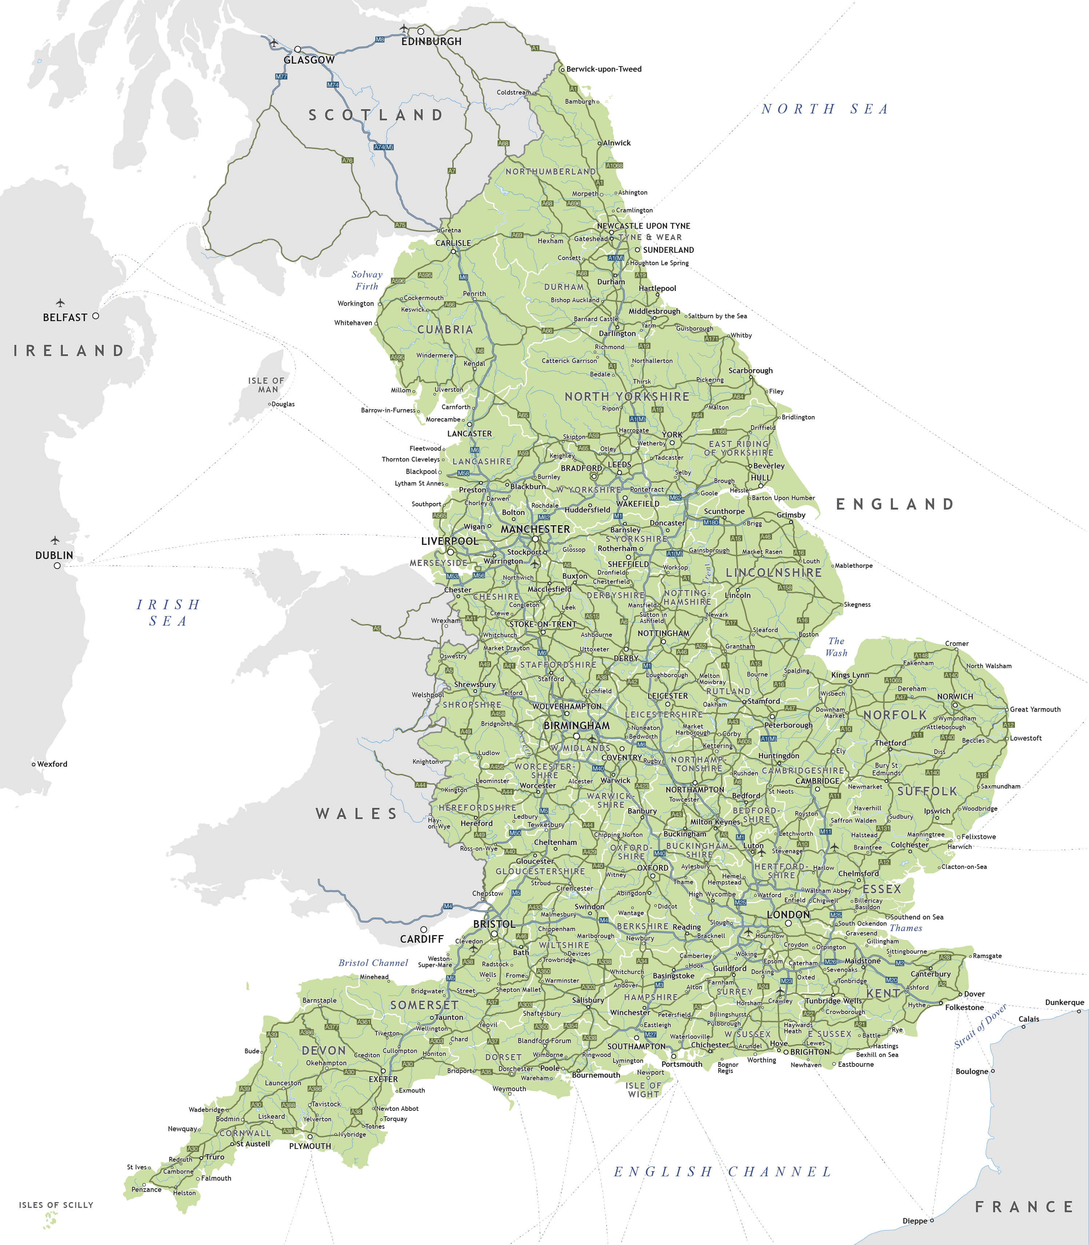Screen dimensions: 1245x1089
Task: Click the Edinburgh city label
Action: tap(431, 41)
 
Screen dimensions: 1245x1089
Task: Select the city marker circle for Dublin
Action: tap(57, 566)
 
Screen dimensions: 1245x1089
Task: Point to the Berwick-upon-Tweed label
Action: tap(603, 69)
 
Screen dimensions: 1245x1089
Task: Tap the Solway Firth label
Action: tap(367, 280)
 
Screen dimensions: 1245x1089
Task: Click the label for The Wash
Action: tap(836, 646)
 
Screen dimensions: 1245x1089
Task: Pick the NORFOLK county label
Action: tap(895, 715)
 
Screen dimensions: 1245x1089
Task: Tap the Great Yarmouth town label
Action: tap(1035, 709)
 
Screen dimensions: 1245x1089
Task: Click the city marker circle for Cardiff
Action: tap(424, 929)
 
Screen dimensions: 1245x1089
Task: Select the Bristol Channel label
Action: tap(373, 962)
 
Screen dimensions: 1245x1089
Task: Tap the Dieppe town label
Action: tap(914, 1221)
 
